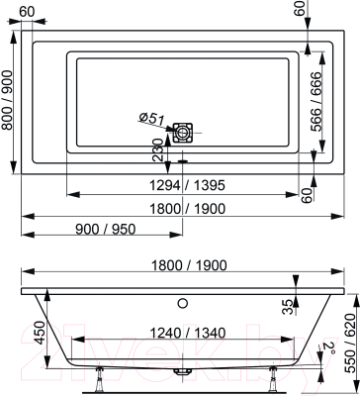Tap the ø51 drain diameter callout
150,120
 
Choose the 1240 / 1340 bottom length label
184,333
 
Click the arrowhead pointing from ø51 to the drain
169,128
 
